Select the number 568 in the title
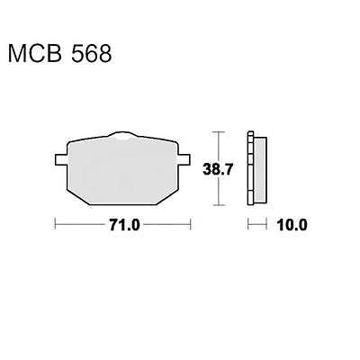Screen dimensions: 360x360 click(x=92, y=55)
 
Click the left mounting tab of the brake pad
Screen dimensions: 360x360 click(x=59, y=163)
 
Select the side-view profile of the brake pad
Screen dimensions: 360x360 click(x=255, y=167)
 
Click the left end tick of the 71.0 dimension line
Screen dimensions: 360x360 click(x=56, y=225)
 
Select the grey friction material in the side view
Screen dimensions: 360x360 click(x=258, y=168)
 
